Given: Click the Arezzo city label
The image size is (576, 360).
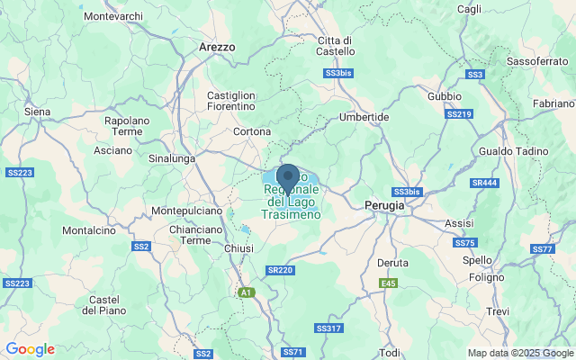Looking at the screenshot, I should [x=216, y=46].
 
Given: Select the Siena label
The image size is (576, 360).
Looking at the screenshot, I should [x=37, y=111].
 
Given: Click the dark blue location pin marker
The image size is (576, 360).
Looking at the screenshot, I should [x=288, y=176].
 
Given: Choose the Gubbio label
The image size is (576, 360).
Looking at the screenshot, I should [x=444, y=95].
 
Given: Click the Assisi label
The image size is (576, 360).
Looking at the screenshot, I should [x=459, y=222].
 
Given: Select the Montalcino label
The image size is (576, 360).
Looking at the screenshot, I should [x=89, y=230].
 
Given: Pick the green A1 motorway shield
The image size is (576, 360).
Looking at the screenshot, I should [x=246, y=292].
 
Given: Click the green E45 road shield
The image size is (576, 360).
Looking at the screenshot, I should [x=388, y=283].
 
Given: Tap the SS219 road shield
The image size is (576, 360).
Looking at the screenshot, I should [x=459, y=114].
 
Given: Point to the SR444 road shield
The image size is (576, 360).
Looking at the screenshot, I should [x=483, y=183].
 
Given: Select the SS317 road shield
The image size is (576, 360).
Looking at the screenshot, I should [x=329, y=328].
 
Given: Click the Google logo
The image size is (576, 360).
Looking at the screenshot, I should [x=30, y=349].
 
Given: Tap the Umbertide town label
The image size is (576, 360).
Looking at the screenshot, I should [x=364, y=117].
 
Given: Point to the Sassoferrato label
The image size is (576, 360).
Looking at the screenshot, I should [x=535, y=60].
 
